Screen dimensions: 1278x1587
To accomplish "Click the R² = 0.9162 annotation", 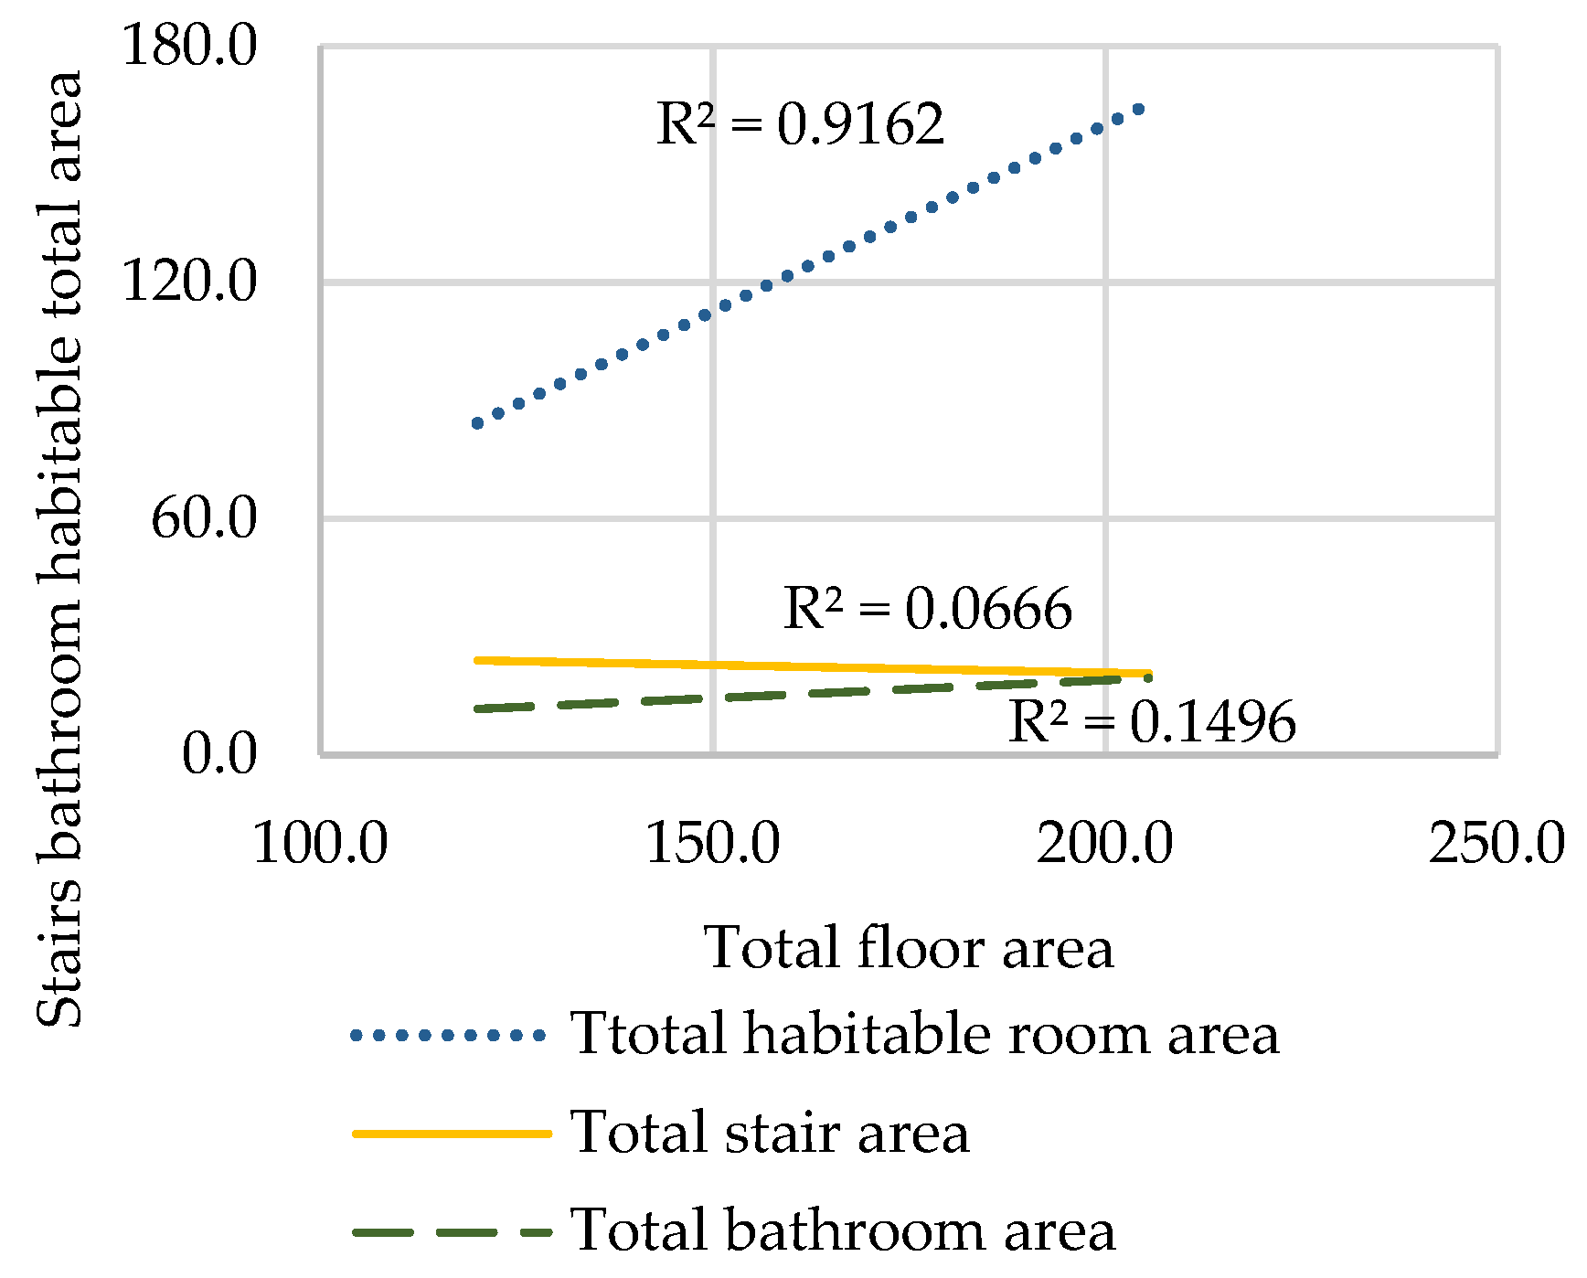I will [800, 125].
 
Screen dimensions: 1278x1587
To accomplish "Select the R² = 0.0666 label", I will [927, 609].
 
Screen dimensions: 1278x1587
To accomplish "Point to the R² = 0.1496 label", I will [1151, 722].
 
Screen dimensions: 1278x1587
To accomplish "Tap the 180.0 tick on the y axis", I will [189, 46].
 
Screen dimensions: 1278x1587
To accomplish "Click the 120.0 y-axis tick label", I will [189, 281].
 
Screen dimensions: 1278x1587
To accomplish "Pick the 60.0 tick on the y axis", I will [204, 518].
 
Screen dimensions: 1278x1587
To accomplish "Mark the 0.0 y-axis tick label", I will [219, 754].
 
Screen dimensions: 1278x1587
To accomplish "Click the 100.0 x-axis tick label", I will [320, 843].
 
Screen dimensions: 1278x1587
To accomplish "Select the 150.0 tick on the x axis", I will [713, 843].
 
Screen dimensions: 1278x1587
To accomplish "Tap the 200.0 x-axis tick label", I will [1104, 843].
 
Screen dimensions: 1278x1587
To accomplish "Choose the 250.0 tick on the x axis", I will [1496, 843].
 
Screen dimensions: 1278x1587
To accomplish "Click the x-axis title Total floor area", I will [909, 948].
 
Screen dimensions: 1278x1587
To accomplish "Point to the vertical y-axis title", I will [59, 548].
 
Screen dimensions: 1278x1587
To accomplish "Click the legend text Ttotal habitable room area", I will [924, 1035].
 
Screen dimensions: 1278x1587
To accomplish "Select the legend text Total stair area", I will [769, 1133].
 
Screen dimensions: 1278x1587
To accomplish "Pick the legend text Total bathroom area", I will [842, 1230].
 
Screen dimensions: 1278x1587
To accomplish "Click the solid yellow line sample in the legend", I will [452, 1134].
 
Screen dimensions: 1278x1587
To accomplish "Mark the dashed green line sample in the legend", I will [452, 1231].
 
